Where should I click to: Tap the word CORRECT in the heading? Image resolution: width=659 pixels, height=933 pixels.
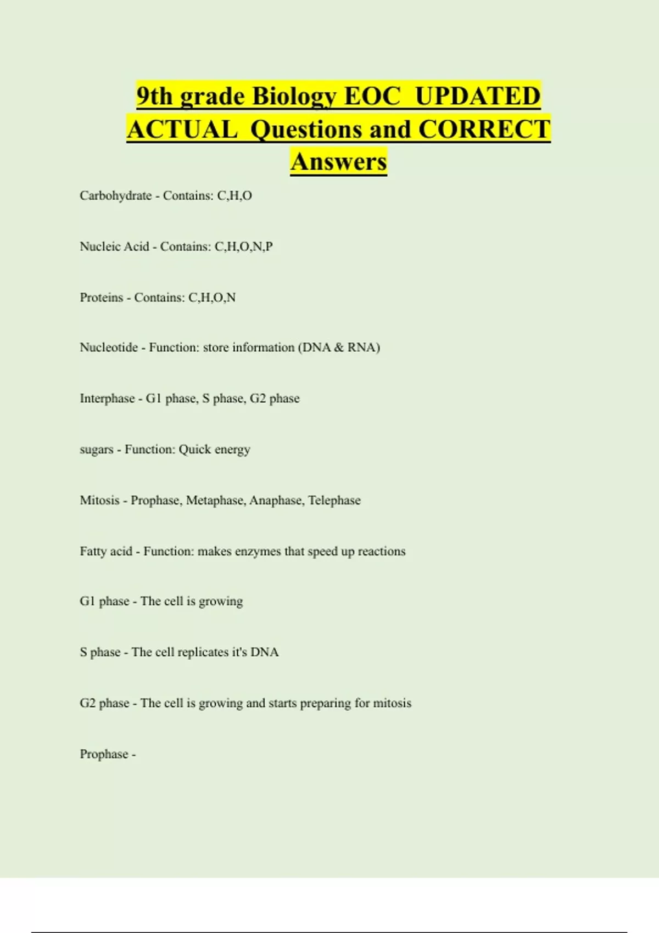pos(484,130)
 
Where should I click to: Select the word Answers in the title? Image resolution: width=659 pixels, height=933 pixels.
pos(339,162)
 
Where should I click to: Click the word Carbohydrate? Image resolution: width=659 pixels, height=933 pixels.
pos(115,196)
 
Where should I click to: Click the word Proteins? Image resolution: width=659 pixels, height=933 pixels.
pos(102,297)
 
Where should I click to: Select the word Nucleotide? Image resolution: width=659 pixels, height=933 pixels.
pos(109,347)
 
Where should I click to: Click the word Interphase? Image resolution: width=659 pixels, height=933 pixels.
pos(107,398)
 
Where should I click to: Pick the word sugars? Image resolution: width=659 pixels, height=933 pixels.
pos(97,450)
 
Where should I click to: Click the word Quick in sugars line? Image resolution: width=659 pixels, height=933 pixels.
pos(195,449)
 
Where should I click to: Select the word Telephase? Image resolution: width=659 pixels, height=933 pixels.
pos(334,501)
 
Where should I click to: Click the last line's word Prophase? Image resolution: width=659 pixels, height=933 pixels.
pos(104,754)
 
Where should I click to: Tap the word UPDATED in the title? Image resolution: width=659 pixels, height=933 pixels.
pos(478,97)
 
